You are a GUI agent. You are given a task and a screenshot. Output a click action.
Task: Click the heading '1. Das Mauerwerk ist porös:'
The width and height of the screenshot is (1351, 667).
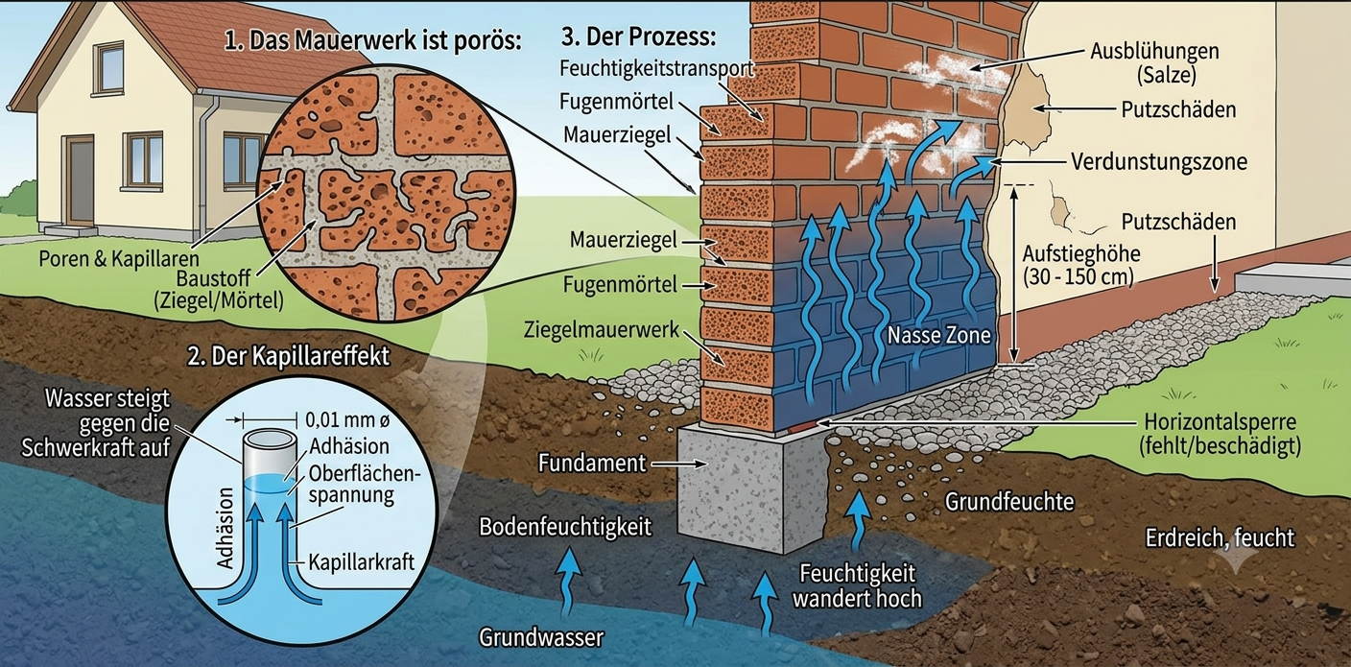(x=372, y=40)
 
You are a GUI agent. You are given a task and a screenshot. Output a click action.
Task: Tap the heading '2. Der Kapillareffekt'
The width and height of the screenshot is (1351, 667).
(x=288, y=356)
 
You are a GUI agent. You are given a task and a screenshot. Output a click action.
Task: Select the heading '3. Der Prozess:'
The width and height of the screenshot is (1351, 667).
(x=639, y=36)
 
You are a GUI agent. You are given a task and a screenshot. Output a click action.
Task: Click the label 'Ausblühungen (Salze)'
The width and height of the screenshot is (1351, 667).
(x=1154, y=62)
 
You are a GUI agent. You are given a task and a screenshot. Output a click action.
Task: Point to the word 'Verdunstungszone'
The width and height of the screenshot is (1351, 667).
(x=1158, y=161)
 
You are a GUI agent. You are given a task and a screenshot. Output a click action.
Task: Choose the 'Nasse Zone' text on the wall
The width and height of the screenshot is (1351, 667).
(x=938, y=335)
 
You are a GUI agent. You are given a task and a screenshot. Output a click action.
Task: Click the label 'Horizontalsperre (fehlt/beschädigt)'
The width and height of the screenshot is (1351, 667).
(x=1220, y=434)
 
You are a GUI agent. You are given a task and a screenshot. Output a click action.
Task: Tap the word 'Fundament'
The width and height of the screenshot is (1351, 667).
(x=592, y=464)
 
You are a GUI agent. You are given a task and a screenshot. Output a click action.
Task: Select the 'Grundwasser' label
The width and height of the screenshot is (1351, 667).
(x=541, y=637)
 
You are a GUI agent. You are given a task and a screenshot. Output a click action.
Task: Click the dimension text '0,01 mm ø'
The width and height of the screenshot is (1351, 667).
(x=348, y=419)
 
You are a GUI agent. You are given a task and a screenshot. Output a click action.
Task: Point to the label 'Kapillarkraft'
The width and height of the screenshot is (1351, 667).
(x=362, y=562)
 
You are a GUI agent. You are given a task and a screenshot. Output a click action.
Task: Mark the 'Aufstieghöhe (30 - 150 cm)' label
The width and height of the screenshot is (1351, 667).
(x=1080, y=265)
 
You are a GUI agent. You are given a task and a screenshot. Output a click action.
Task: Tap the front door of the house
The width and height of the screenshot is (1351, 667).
(x=80, y=180)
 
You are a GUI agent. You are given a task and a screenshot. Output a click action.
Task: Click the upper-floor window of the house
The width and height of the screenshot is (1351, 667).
(x=109, y=68)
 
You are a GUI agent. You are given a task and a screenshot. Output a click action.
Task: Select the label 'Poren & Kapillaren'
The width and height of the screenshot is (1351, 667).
(x=119, y=259)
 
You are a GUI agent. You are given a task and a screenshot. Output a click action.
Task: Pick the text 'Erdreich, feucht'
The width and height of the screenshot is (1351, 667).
(x=1220, y=538)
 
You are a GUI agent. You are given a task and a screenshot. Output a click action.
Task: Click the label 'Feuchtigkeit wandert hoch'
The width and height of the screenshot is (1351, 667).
(x=857, y=585)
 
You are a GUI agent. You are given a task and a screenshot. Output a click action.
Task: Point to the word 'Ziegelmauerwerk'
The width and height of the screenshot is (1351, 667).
(x=602, y=329)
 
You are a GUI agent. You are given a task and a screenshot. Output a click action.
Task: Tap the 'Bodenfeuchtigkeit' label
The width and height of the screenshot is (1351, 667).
(x=565, y=527)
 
